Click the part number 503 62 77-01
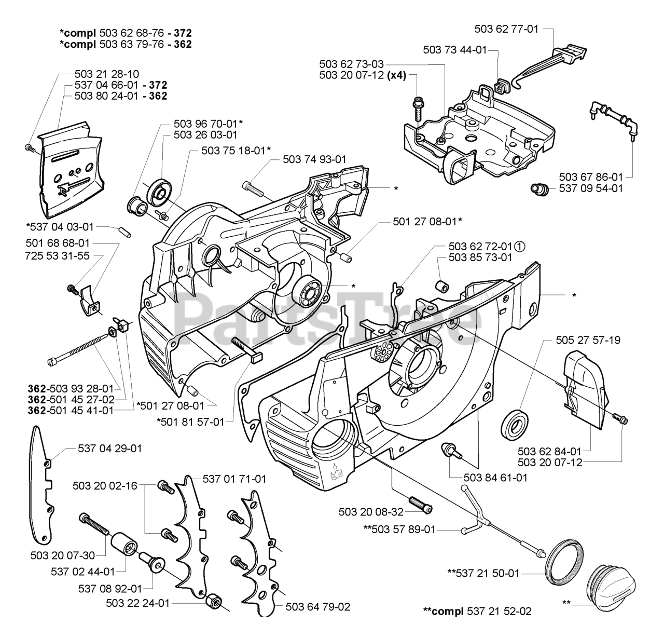506,29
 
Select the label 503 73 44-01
455,50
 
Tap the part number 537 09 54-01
591,188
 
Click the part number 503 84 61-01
495,478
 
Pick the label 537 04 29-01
110,448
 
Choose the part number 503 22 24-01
137,603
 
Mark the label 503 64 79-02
318,606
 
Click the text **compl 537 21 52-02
477,611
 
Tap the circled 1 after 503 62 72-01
520,246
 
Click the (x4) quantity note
397,75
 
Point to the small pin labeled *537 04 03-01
125,232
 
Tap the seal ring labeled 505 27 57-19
515,428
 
